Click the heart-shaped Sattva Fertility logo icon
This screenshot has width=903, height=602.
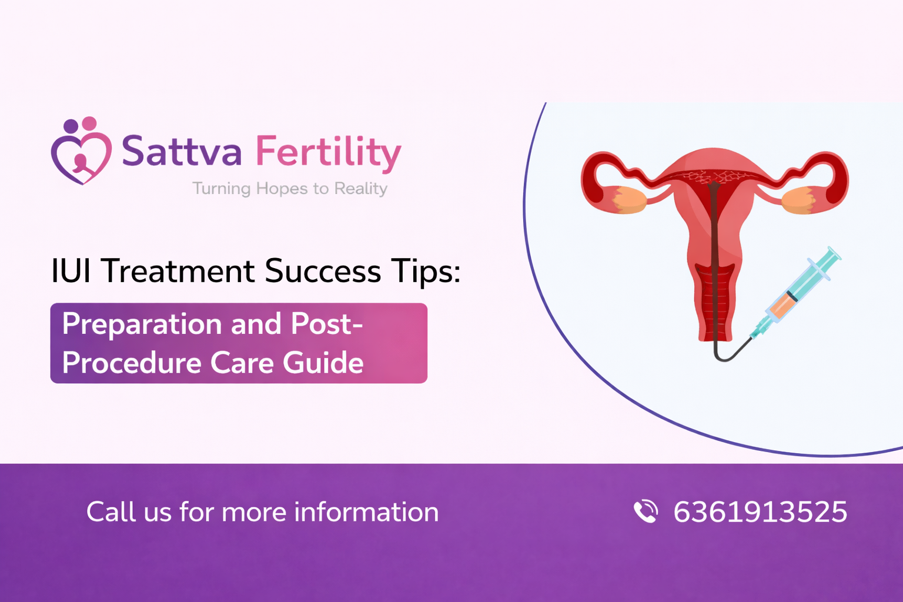81,151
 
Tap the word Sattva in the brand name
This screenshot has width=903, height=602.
182,152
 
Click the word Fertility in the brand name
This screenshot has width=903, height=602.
328,152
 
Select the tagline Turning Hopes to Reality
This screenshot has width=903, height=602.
290,189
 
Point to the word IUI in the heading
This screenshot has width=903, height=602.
71,272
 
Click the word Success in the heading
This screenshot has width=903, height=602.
323,272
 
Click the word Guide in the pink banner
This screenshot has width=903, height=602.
323,363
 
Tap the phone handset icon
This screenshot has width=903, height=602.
646,511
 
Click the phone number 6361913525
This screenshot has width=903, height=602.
760,512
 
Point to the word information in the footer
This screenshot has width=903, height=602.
366,512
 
